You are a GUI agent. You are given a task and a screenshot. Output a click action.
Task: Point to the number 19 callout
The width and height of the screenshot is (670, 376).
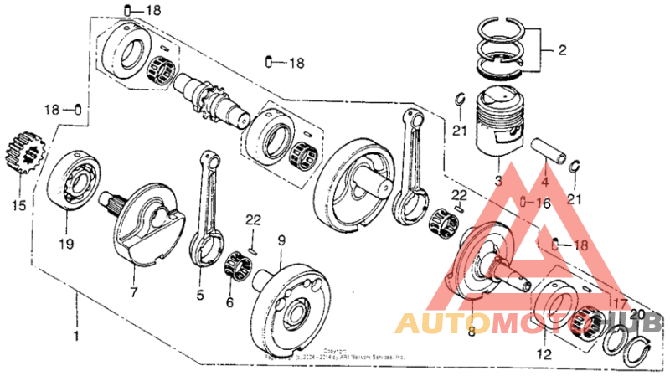(66, 244)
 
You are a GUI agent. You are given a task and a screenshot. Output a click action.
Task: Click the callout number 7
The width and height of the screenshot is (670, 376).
(132, 292)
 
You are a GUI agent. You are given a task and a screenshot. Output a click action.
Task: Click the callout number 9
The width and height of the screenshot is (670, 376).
(281, 240)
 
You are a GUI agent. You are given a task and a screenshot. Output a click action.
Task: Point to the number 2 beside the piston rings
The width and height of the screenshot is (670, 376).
(562, 50)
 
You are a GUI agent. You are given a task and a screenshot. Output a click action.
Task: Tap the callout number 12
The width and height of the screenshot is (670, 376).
(544, 354)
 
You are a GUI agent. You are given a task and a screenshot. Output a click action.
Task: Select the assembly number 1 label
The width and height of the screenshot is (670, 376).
(76, 336)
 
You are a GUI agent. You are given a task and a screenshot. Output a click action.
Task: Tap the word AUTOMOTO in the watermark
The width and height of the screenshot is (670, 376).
(469, 323)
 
